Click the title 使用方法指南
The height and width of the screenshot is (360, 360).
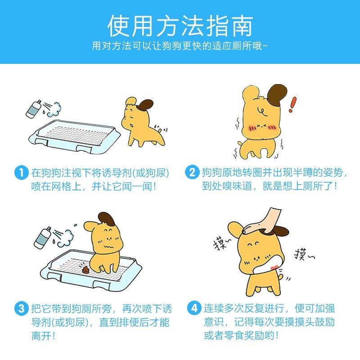pyautogui.click(x=180, y=25)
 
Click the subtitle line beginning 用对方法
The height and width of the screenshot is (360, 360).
pyautogui.click(x=180, y=46)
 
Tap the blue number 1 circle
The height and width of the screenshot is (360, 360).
pyautogui.click(x=21, y=172)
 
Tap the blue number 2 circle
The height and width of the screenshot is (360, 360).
pyautogui.click(x=192, y=172)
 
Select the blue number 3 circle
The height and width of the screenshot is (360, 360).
pyautogui.click(x=21, y=309)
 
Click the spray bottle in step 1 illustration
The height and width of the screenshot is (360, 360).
pyautogui.click(x=33, y=109)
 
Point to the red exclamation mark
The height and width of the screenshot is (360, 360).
pyautogui.click(x=293, y=104)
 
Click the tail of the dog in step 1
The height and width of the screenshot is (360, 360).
pyautogui.click(x=158, y=129)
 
